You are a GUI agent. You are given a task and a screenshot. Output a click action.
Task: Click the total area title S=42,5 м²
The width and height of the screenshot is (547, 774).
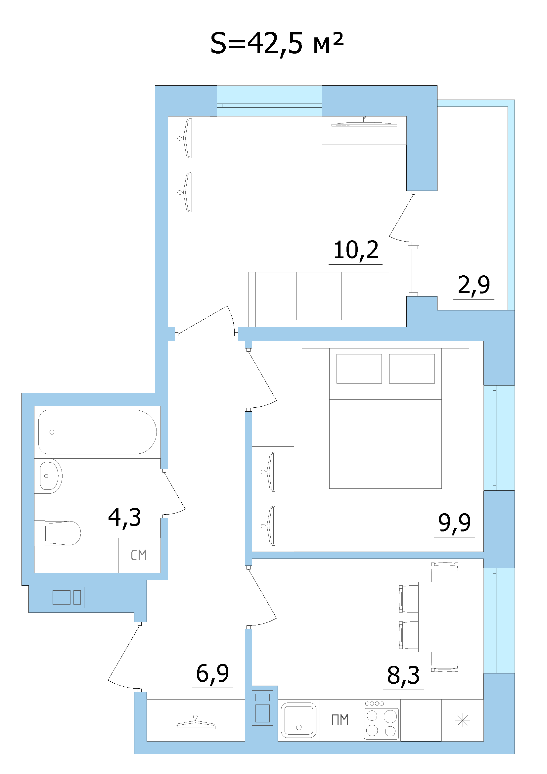coord(277,44)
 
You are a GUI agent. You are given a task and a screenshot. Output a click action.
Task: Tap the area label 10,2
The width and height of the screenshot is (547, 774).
coord(356,250)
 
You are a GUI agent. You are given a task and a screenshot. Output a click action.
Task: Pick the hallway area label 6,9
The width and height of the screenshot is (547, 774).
coord(212,673)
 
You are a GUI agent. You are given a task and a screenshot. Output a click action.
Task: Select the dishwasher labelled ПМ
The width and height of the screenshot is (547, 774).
coord(341,720)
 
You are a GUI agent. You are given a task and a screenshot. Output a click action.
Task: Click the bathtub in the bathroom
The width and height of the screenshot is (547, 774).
coord(97,432)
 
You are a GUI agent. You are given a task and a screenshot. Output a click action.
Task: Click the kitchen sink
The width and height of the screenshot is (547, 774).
coord(298,720)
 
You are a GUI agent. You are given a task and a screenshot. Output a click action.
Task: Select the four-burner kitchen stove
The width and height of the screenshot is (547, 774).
coord(381,720)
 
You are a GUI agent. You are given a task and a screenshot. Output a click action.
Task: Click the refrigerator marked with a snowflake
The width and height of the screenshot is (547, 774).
coord(462,720)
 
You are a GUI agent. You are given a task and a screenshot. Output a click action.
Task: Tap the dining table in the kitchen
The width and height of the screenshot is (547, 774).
coord(444,616)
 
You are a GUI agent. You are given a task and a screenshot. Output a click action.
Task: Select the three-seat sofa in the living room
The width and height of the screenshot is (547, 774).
coord(319,300)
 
